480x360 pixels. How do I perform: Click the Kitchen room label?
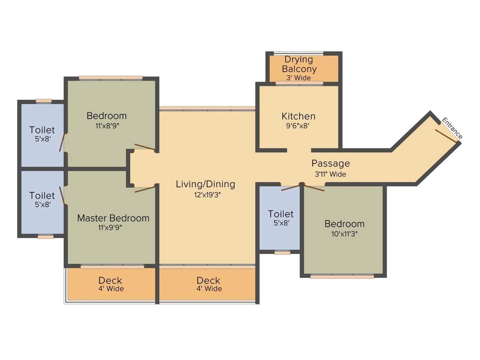click(298, 116)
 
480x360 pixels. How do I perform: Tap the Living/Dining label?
click(205, 184)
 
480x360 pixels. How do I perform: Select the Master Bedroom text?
click(113, 218)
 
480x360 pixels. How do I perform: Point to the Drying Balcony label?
click(299, 64)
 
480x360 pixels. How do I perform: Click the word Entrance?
click(452, 127)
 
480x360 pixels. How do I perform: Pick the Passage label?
click(330, 164)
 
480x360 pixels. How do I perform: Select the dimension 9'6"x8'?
click(298, 126)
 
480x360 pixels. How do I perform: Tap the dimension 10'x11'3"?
click(345, 233)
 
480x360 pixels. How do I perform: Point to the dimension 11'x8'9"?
click(106, 126)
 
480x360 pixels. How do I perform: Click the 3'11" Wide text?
click(330, 174)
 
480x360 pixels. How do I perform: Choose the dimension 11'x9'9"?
click(113, 228)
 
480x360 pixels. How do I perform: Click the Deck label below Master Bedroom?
click(111, 281)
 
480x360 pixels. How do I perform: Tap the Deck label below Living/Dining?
click(209, 281)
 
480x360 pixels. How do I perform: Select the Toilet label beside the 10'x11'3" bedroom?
click(281, 214)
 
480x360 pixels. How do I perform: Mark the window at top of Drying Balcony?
click(298, 53)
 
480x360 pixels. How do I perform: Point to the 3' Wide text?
click(299, 78)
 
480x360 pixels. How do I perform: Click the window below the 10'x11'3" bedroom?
click(342, 277)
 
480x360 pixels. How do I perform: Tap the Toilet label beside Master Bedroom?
click(42, 195)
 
